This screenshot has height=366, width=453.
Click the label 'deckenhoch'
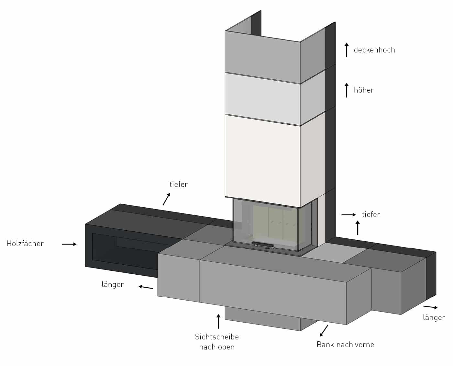coord(374,50)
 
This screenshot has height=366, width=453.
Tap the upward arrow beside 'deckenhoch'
coord(347,50)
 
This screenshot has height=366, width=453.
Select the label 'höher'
coord(364,90)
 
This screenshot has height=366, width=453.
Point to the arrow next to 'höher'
coord(347,90)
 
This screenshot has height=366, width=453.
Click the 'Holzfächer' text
coord(25,244)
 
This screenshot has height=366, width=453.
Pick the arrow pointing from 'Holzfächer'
coord(69,244)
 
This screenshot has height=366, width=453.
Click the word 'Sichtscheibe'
coord(217,337)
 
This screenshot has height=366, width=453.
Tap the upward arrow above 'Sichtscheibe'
coord(218,321)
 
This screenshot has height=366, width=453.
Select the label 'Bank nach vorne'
coord(345,345)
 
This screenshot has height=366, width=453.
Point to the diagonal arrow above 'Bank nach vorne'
coord(324,331)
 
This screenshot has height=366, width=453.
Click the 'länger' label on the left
coord(113,285)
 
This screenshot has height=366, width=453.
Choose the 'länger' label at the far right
coord(434,317)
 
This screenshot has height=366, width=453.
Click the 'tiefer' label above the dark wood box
coord(179,184)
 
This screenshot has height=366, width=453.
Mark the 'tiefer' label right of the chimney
coord(371,214)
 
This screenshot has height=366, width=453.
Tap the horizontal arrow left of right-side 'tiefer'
coord(349,214)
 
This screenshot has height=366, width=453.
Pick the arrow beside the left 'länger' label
coord(146,287)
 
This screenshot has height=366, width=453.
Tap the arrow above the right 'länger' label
coord(430,307)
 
